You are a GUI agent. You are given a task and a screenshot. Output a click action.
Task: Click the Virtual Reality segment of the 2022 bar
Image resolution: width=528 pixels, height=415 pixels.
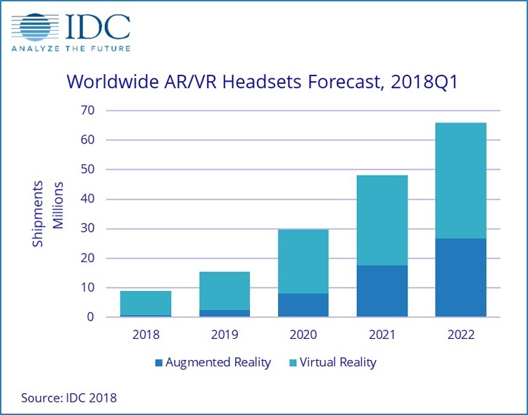pos(460,180)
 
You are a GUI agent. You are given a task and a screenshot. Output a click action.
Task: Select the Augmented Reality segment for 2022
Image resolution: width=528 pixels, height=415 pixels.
pos(460,278)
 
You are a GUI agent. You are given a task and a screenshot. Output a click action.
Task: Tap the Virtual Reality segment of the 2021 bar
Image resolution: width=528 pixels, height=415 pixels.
pos(382,220)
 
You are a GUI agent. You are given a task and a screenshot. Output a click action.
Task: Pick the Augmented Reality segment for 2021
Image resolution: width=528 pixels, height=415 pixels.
pos(382,291)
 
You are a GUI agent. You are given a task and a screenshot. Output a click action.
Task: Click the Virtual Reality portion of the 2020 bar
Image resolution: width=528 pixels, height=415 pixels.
pos(303,261)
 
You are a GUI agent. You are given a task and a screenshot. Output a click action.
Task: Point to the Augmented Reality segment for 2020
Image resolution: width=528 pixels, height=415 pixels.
pos(303,305)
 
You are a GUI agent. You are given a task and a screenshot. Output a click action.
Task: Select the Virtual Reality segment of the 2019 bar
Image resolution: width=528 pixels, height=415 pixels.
pos(225,290)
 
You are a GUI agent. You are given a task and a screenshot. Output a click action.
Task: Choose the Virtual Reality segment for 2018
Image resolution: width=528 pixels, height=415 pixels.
pos(146,303)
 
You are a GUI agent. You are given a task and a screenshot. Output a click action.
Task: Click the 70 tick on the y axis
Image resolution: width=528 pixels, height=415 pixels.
pos(87,111)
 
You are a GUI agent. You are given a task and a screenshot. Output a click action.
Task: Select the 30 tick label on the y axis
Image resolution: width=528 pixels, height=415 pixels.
pos(87,229)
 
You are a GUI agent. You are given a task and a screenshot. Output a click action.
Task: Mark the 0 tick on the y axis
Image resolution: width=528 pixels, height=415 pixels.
pos(91,317)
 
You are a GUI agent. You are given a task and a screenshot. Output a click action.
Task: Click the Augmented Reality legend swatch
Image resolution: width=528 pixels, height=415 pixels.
pos(159,363)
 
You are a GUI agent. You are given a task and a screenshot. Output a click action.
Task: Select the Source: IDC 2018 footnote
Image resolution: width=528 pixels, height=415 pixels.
pos(69,398)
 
